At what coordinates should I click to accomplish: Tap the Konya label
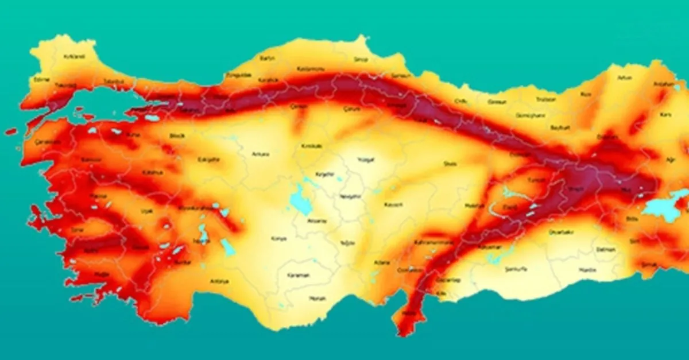279,238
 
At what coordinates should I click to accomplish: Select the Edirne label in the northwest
42,79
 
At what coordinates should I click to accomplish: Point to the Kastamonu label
311,69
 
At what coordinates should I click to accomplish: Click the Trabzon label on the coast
545,99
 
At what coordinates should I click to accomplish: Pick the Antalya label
219,281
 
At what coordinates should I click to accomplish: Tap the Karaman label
299,275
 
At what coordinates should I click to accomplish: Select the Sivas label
450,164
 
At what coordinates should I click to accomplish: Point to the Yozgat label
365,160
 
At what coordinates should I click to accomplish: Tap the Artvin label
624,78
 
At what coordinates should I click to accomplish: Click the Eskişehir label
208,160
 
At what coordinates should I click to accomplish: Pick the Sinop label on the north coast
361,59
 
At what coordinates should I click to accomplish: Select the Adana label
381,262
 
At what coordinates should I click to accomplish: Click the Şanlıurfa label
515,269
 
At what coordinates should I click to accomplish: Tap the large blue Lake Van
664,210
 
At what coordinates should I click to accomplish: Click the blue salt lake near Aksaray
299,199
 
